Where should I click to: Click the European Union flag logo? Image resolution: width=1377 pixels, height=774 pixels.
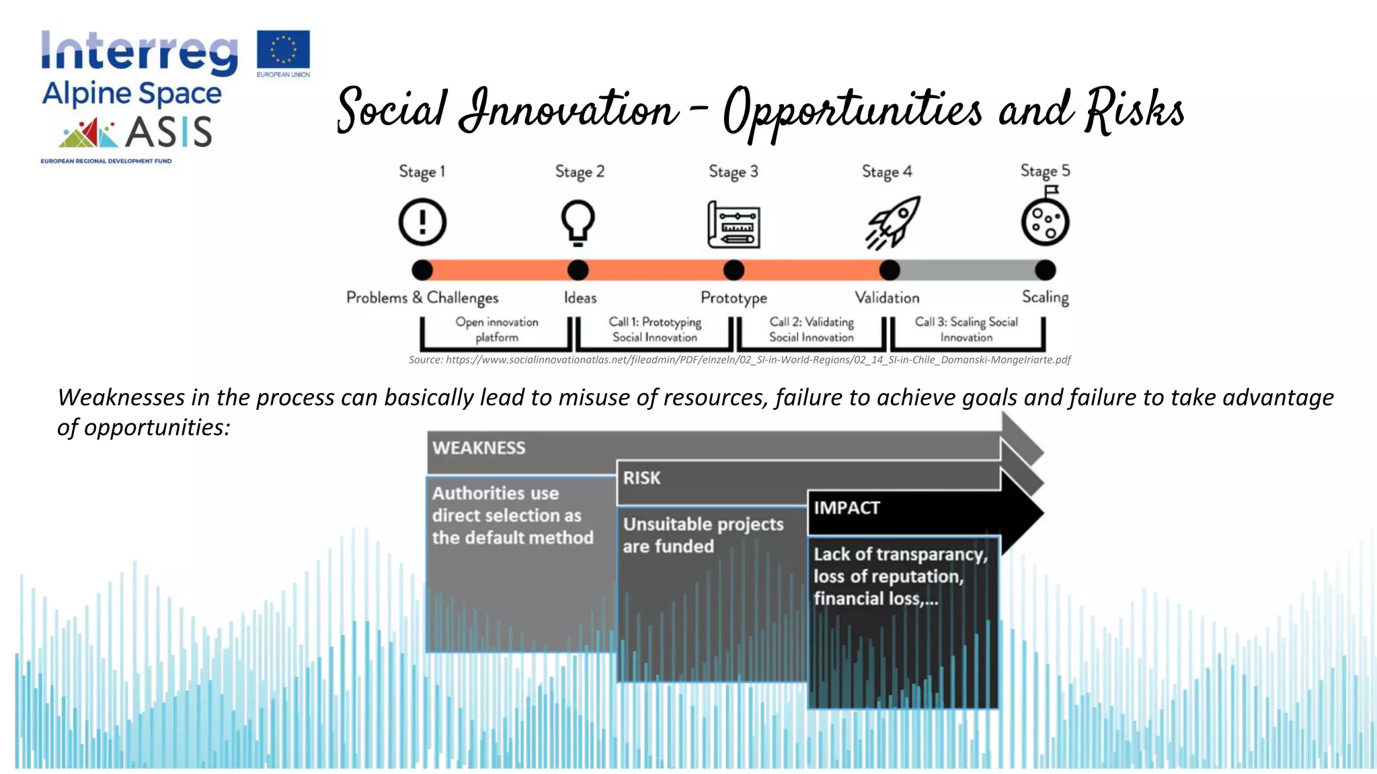click(x=283, y=50)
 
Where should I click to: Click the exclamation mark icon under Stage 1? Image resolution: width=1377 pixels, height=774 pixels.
click(x=422, y=222)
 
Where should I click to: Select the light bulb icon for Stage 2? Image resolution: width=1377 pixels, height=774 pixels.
click(x=578, y=222)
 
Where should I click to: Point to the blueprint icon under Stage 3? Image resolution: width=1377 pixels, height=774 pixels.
click(x=734, y=224)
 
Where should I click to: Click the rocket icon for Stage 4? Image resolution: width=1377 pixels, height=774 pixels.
click(x=892, y=222)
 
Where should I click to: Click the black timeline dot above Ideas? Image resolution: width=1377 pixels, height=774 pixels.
click(x=578, y=270)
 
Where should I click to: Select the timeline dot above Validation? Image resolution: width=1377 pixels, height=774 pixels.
click(x=889, y=270)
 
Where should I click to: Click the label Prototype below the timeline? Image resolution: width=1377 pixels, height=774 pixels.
click(x=734, y=298)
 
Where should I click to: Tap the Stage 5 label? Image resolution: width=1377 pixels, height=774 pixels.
click(x=1045, y=171)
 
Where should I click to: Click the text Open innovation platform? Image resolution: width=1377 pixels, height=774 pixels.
click(x=497, y=330)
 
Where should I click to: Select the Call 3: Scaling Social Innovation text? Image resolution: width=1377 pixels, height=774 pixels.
click(x=966, y=330)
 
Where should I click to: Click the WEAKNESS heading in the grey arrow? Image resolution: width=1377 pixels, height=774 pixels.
click(x=479, y=448)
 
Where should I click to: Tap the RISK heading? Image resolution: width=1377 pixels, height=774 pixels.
click(x=641, y=478)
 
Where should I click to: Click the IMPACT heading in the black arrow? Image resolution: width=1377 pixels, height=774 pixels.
click(x=847, y=508)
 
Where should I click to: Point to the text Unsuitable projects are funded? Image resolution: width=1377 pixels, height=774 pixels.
click(x=703, y=535)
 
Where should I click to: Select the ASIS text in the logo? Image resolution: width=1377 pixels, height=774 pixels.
click(x=169, y=132)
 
